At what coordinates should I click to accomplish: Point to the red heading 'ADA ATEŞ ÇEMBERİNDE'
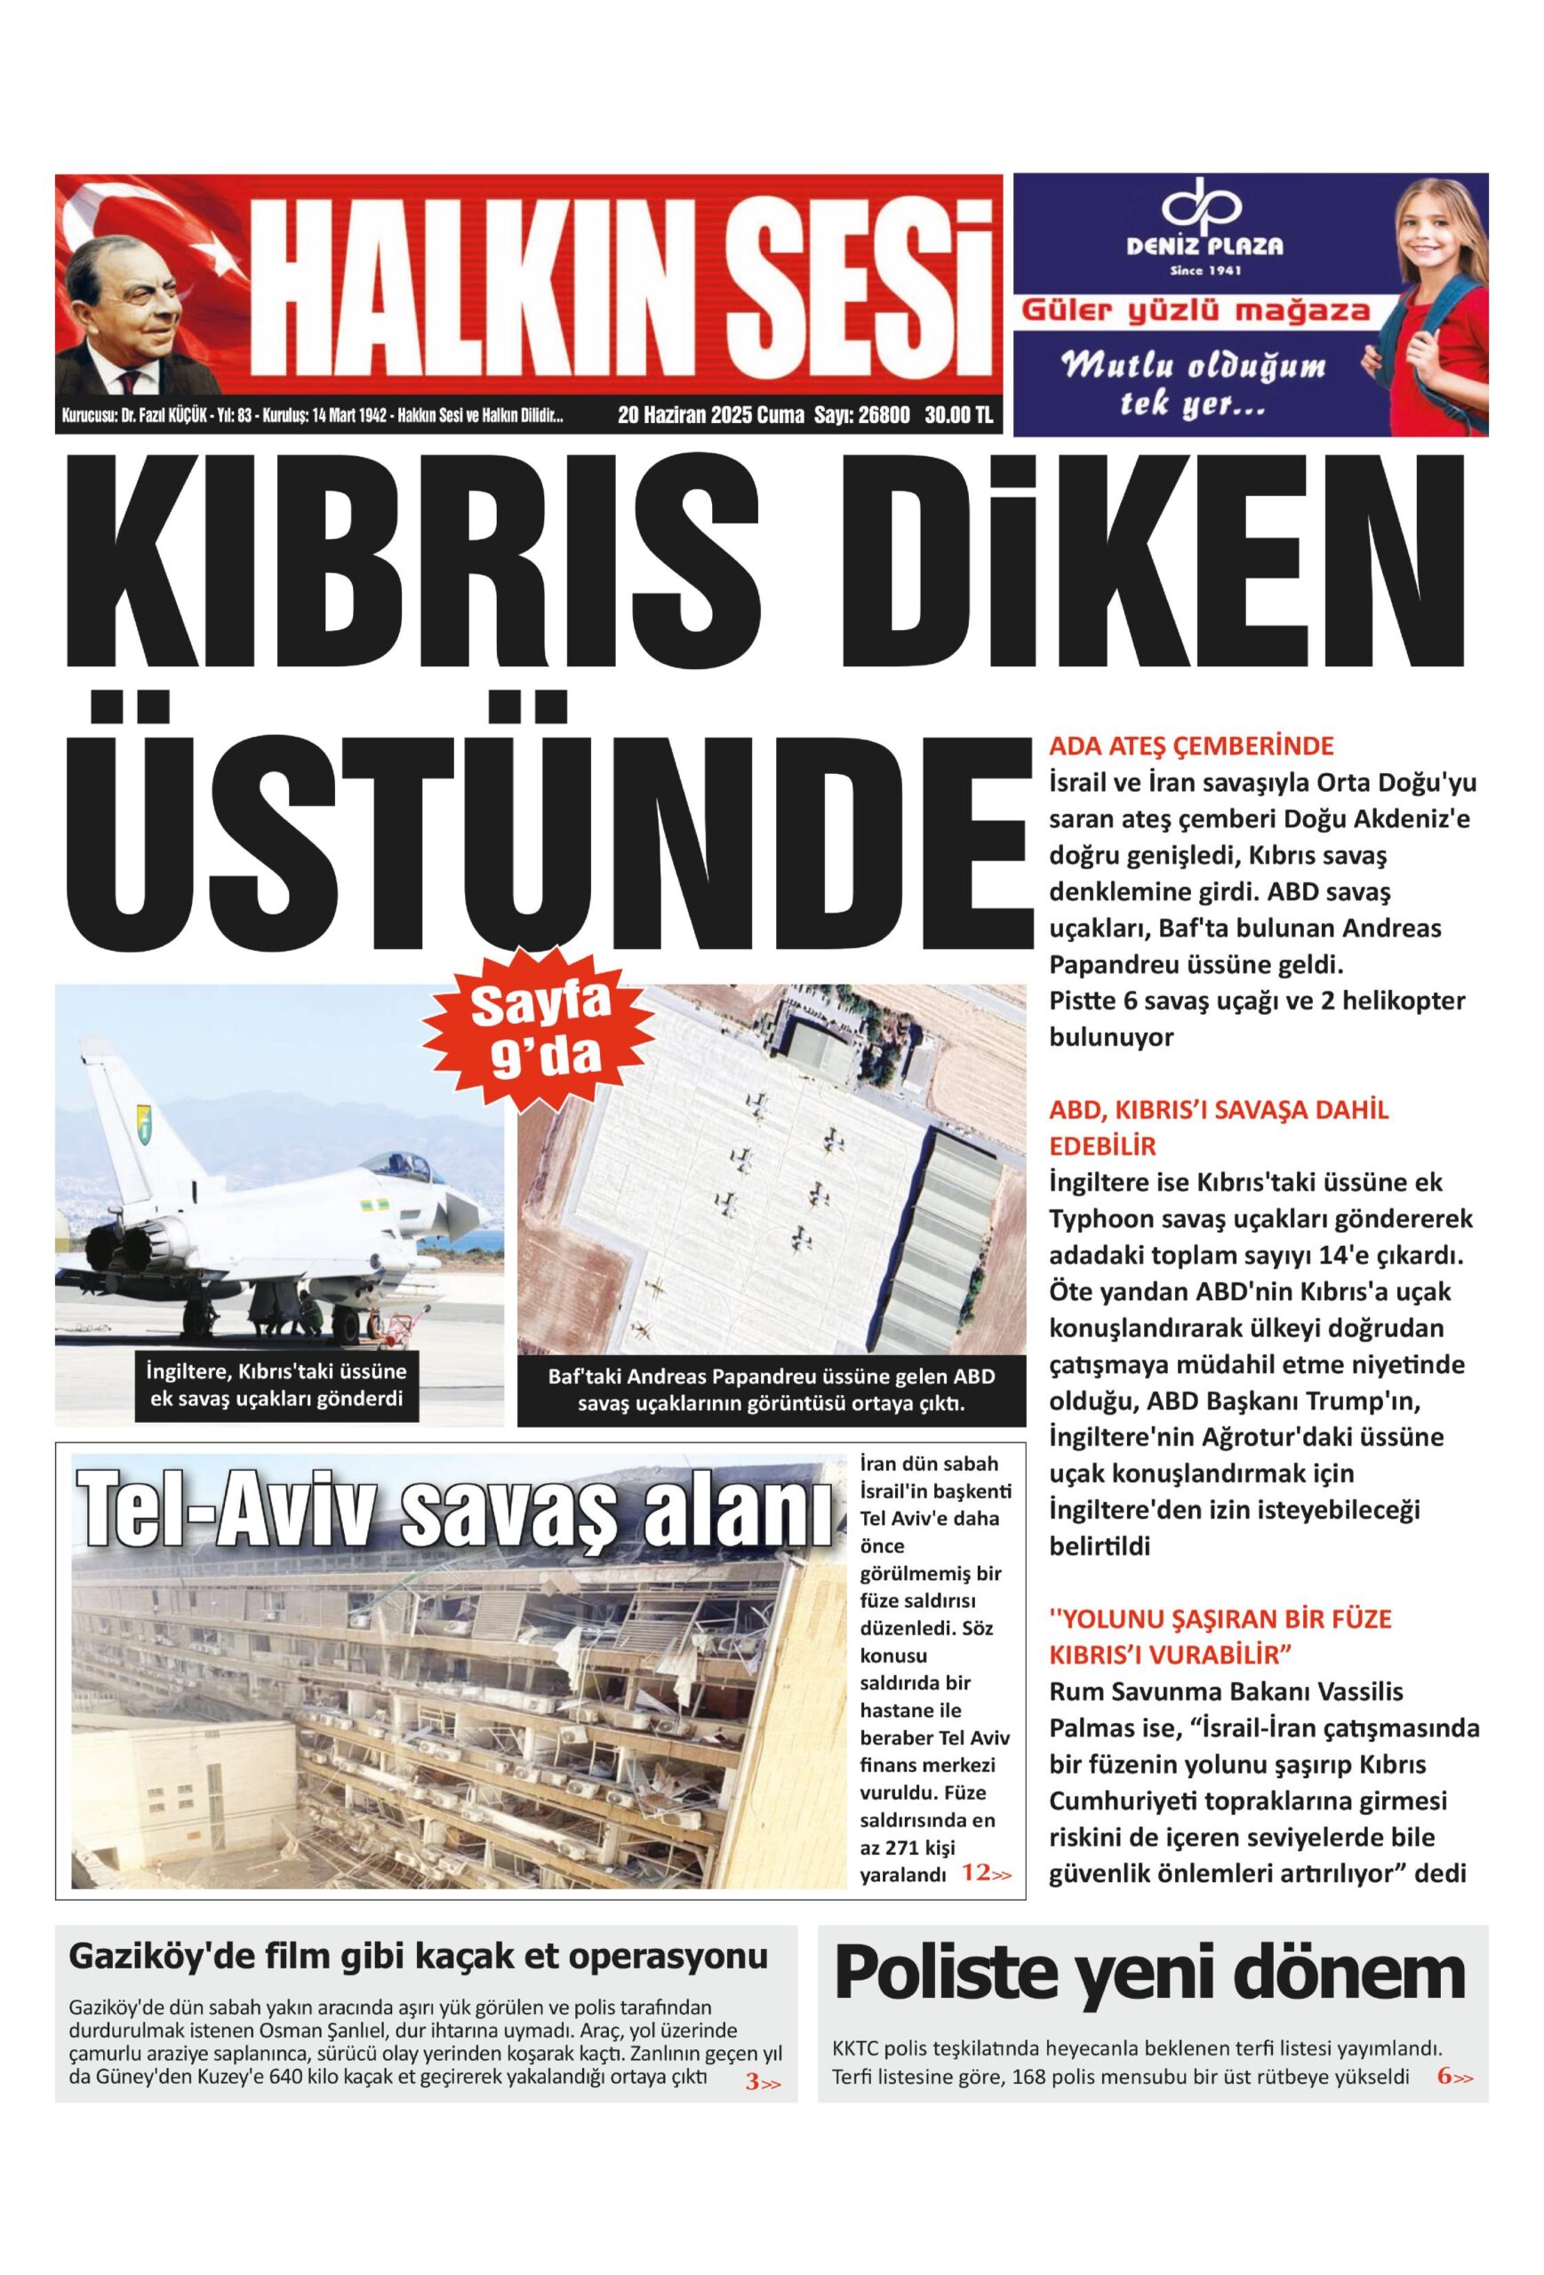tap(1191, 746)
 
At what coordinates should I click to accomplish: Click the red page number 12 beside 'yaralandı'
tap(975, 1873)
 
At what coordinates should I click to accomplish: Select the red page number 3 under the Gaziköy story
tap(752, 2082)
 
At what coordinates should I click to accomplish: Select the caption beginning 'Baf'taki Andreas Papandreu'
tap(771, 1390)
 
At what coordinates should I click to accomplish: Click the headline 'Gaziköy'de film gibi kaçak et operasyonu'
tap(418, 1957)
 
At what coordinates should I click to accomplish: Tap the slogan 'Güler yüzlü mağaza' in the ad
tap(1196, 312)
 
